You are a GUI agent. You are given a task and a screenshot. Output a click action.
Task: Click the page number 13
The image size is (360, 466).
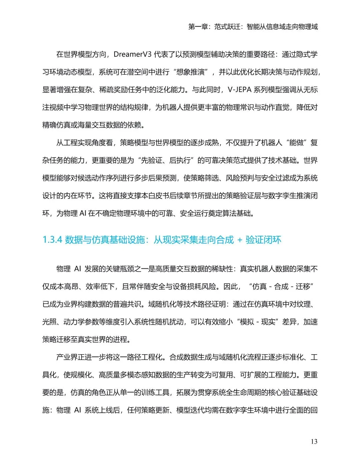point(314,442)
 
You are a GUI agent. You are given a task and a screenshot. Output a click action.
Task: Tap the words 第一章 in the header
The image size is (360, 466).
point(198,27)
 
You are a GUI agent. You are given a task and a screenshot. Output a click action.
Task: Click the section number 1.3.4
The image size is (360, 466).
point(52,240)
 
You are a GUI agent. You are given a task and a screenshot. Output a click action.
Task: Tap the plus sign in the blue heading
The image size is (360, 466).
point(240,240)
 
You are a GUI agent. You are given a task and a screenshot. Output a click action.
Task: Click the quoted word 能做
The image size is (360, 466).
point(296,143)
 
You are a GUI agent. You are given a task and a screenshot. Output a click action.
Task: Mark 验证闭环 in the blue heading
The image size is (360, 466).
point(263,240)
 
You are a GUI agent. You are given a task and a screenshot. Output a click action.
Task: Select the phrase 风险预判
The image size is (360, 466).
point(240,178)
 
